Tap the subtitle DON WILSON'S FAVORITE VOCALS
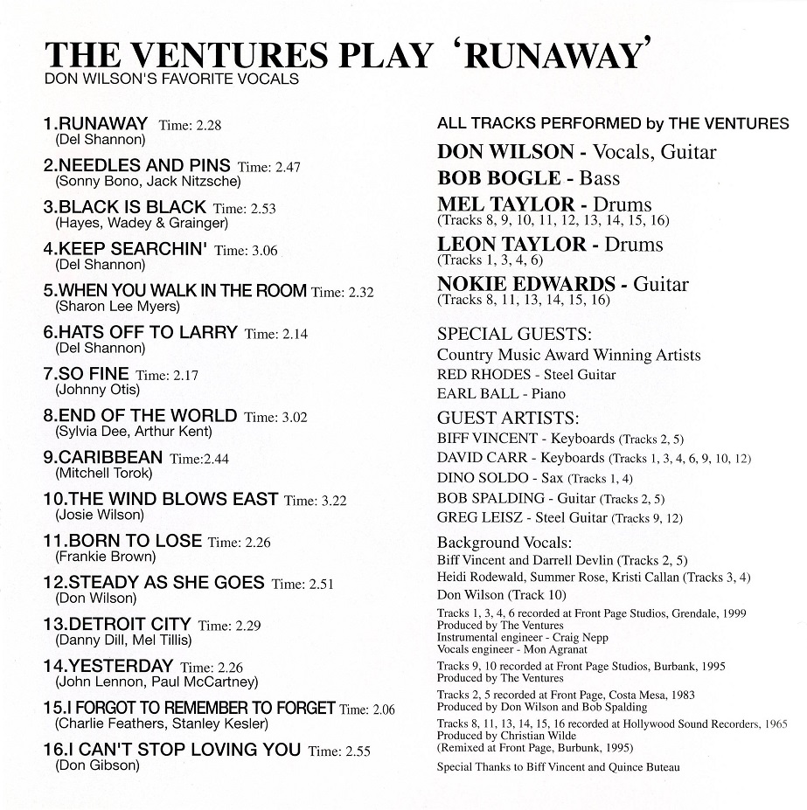pos(171,80)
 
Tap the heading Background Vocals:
pos(504,542)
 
